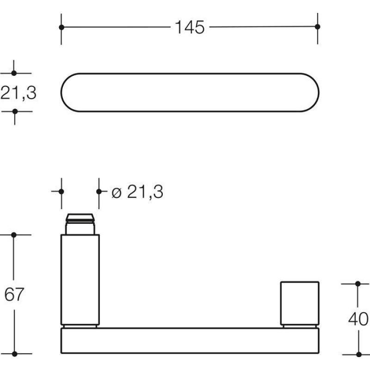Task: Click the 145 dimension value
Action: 190,27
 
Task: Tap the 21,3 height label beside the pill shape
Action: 18,93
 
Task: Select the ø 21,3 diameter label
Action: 137,191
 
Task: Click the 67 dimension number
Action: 14,294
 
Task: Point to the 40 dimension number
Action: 358,319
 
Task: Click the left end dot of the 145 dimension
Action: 62,27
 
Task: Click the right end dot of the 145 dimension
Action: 318,27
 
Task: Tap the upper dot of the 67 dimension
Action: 14,235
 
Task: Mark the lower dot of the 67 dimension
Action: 15,354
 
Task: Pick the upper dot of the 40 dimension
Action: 358,284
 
